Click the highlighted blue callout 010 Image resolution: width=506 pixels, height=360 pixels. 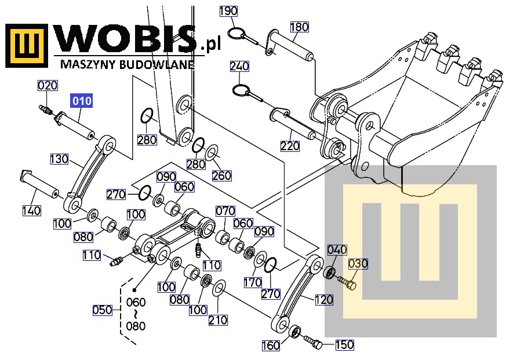pyautogui.click(x=82, y=101)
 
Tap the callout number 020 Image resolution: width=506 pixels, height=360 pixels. pyautogui.click(x=48, y=86)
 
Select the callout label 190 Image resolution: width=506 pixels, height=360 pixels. pyautogui.click(x=228, y=11)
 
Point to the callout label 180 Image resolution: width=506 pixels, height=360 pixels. pyautogui.click(x=300, y=27)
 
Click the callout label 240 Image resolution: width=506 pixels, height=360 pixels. pyautogui.click(x=239, y=66)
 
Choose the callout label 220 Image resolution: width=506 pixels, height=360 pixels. pyautogui.click(x=290, y=146)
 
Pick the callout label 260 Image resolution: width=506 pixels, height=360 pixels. pyautogui.click(x=222, y=176)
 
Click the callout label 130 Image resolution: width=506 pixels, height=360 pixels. pyautogui.click(x=59, y=159)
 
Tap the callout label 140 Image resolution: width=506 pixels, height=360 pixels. pyautogui.click(x=32, y=211)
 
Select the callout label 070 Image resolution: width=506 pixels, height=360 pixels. pyautogui.click(x=225, y=211)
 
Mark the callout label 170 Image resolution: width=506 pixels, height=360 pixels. pyautogui.click(x=253, y=282)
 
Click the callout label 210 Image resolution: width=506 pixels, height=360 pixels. pyautogui.click(x=218, y=320)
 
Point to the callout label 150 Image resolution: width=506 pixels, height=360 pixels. pyautogui.click(x=345, y=344)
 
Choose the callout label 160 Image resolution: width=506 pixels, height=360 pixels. pyautogui.click(x=271, y=346)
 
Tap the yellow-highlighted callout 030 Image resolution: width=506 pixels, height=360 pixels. pyautogui.click(x=358, y=264)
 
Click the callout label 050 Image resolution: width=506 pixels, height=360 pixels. pyautogui.click(x=103, y=310)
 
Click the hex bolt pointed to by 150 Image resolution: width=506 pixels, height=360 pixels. pyautogui.click(x=313, y=341)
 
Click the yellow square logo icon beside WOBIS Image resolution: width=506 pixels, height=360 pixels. pyautogui.click(x=27, y=46)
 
